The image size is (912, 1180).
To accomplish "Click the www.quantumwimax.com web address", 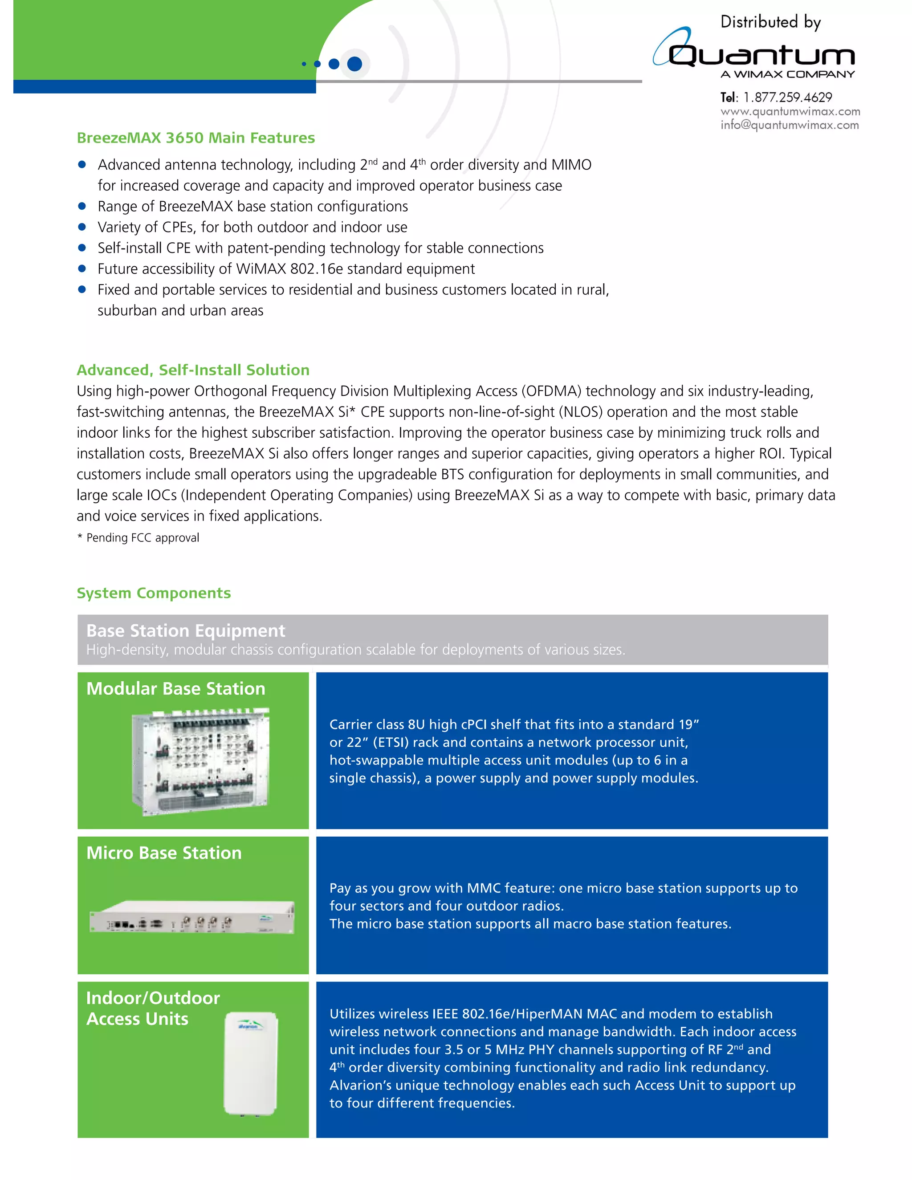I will pos(790,111).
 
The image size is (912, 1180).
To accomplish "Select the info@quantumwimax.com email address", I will pos(790,126).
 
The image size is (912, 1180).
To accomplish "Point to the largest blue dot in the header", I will pos(354,64).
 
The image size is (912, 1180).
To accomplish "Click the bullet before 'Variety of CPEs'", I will pos(82,227).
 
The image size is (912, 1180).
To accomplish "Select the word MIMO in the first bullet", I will pos(571,165).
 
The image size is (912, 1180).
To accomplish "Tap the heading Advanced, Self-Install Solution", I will pos(193,370).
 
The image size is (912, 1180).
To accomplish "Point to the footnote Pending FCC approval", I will pos(142,537).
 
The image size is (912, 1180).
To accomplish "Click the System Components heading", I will pos(154,593).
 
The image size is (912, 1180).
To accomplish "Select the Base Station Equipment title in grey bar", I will pos(185,631).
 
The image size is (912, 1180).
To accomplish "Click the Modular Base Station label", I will pos(175,688).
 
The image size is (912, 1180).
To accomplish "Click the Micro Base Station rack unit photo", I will pos(192,917).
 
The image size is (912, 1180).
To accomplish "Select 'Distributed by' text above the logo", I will pos(770,22).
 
